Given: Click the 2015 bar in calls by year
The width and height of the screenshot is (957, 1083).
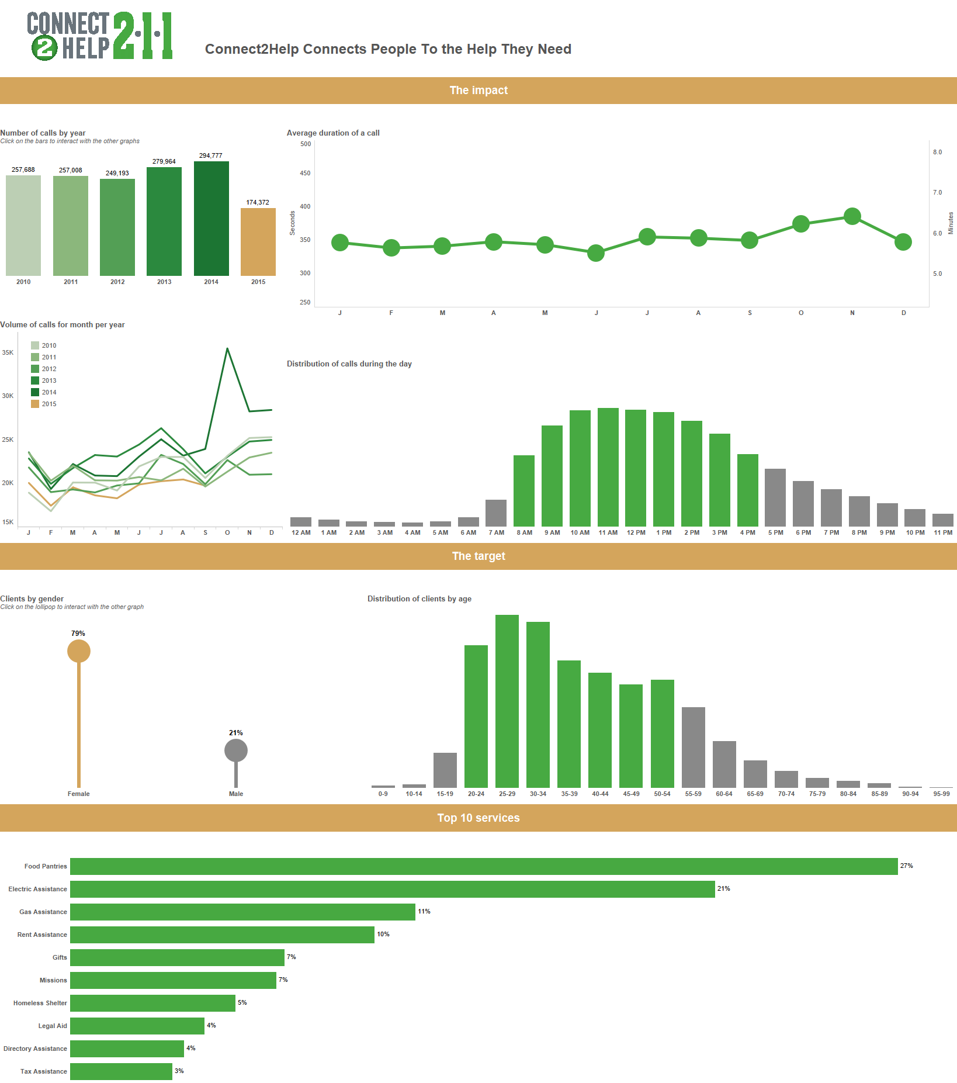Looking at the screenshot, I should point(258,241).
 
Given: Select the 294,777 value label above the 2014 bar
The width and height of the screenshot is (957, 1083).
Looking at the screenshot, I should point(210,155).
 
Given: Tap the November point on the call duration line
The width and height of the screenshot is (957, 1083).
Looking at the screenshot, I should point(852,216).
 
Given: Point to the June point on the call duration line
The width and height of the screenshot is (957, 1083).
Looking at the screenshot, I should point(595,253).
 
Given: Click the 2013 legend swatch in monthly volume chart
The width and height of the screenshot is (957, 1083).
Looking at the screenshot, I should point(35,380).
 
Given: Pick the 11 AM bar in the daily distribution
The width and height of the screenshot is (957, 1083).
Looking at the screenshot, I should point(608,467).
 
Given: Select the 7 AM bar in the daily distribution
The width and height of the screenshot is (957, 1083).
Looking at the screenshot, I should point(496,513).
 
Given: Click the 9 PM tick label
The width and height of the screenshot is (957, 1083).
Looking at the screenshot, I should point(887,532).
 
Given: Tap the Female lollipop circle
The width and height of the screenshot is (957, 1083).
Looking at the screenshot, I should point(79,651).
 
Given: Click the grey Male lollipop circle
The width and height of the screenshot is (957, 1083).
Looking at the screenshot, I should point(236,750).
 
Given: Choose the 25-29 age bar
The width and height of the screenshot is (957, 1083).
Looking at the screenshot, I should point(507,701).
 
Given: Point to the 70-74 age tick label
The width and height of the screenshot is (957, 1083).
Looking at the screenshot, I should point(786,794).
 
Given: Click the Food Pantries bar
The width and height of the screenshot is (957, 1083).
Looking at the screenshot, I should point(484,866).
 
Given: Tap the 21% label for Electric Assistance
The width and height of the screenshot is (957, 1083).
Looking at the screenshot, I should point(723,888).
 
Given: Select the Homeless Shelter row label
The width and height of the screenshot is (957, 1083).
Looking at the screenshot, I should point(40,1003).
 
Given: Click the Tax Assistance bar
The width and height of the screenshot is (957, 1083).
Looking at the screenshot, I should point(121,1071).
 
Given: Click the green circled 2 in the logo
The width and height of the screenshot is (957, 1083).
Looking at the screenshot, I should point(44,48).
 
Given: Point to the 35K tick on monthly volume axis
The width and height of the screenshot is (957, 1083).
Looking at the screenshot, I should point(8,352).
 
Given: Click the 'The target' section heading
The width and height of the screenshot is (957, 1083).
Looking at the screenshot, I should point(478,556).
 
